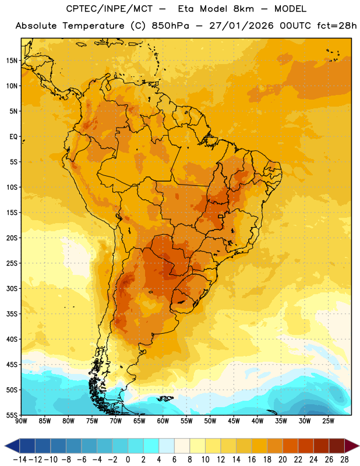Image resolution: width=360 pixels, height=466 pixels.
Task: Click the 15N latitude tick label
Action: [x=12, y=61]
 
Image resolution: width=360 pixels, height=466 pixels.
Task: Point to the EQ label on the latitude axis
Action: [x=13, y=137]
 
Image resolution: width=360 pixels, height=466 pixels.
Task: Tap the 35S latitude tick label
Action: [x=12, y=314]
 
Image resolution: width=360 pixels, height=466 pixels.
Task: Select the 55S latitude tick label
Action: [x=12, y=415]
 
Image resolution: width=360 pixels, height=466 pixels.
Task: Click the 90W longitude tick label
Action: [x=21, y=421]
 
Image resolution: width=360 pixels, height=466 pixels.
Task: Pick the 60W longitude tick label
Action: [x=163, y=421]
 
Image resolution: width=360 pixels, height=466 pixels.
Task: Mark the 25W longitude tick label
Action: [x=329, y=421]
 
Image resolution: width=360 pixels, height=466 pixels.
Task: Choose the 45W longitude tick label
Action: [x=234, y=421]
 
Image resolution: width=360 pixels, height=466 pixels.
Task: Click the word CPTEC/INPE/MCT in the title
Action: [x=110, y=9]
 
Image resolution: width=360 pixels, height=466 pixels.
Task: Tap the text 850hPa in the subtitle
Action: [x=170, y=26]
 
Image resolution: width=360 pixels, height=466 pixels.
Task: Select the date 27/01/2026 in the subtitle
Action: [x=241, y=26]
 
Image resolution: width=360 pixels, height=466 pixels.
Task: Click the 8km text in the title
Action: [x=243, y=9]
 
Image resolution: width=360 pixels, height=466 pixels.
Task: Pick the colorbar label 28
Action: [x=344, y=460]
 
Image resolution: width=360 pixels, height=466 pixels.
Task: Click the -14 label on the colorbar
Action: [x=20, y=460]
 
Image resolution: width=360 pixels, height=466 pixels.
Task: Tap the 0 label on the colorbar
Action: [x=128, y=460]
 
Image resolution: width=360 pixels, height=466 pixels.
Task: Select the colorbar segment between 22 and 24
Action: [x=306, y=446]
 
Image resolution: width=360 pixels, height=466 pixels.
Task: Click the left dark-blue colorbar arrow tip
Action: [x=5, y=446]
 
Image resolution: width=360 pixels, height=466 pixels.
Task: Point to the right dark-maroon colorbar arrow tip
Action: [x=359, y=446]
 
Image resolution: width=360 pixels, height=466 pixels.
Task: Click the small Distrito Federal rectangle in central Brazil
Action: [x=221, y=217]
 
